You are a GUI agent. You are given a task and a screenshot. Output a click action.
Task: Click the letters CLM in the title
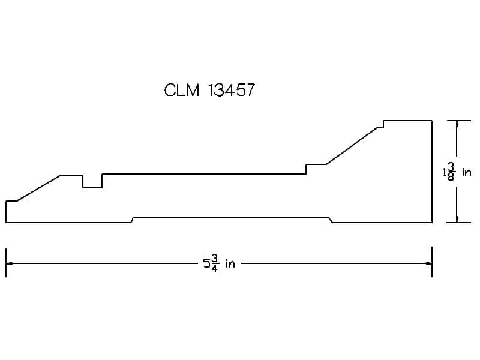pos(182,91)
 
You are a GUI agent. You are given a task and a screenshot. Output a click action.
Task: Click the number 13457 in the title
pos(232,91)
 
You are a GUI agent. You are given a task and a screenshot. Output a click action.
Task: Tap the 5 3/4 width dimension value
pos(211,263)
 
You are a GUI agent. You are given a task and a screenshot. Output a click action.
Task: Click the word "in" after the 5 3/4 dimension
pos(230,263)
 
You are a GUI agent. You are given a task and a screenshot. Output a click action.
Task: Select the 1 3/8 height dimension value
pos(449,172)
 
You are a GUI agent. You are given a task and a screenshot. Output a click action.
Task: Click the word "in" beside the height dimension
pos(467,172)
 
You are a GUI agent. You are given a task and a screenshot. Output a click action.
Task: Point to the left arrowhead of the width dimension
pos(10,263)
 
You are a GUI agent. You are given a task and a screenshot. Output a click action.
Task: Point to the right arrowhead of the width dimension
pos(428,263)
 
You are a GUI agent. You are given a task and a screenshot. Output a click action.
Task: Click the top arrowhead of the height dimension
pos(457,124)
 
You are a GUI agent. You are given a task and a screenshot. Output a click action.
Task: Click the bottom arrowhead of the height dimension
pos(457,219)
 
